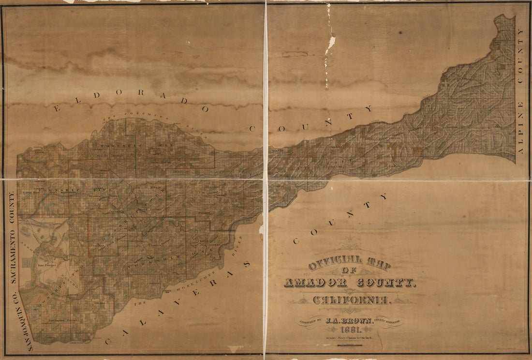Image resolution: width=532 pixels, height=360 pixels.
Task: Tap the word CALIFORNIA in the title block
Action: tap(351, 300)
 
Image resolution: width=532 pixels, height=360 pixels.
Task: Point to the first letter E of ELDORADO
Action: tap(57, 109)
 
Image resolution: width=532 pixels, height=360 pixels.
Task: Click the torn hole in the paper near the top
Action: tap(331, 44)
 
